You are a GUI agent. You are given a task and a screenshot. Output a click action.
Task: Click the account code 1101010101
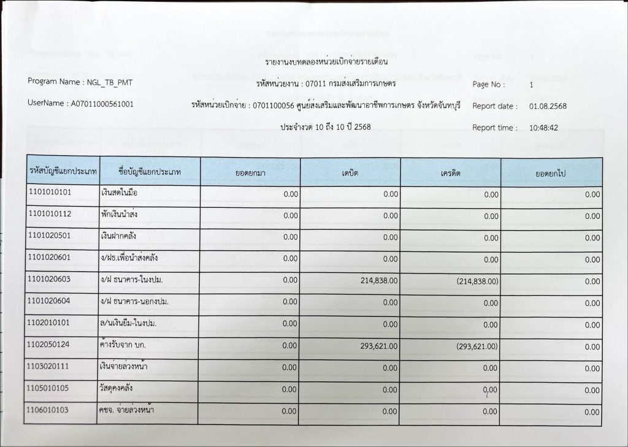(50, 193)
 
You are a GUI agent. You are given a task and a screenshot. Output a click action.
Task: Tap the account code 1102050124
(50, 345)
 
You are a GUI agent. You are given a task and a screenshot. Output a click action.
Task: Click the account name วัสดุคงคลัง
(117, 389)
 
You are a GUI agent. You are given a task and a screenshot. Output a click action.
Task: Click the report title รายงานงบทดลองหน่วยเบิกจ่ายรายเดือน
(326, 62)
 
